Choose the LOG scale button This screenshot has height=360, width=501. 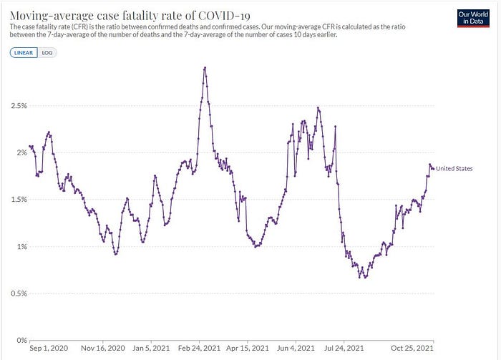point(48,52)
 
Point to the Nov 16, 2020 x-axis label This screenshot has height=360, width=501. point(106,349)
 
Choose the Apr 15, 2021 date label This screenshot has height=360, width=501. point(247,349)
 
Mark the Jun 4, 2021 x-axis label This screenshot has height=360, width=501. point(294,349)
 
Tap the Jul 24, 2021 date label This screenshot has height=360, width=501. point(343,349)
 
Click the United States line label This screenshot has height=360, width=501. point(454,169)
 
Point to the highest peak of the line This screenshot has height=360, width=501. point(205,68)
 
